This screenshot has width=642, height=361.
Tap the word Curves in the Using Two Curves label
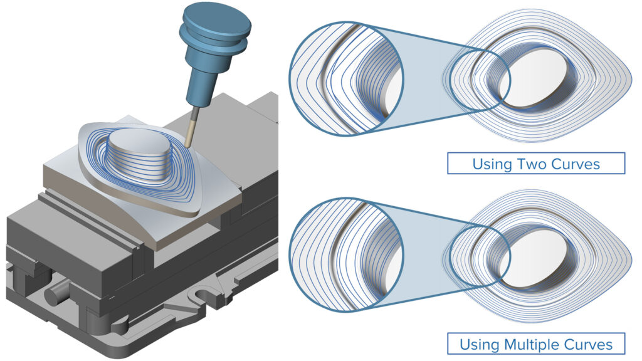pyautogui.click(x=577, y=164)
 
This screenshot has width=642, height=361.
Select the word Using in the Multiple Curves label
pyautogui.click(x=480, y=344)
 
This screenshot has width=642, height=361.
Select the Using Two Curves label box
pyautogui.click(x=536, y=164)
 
